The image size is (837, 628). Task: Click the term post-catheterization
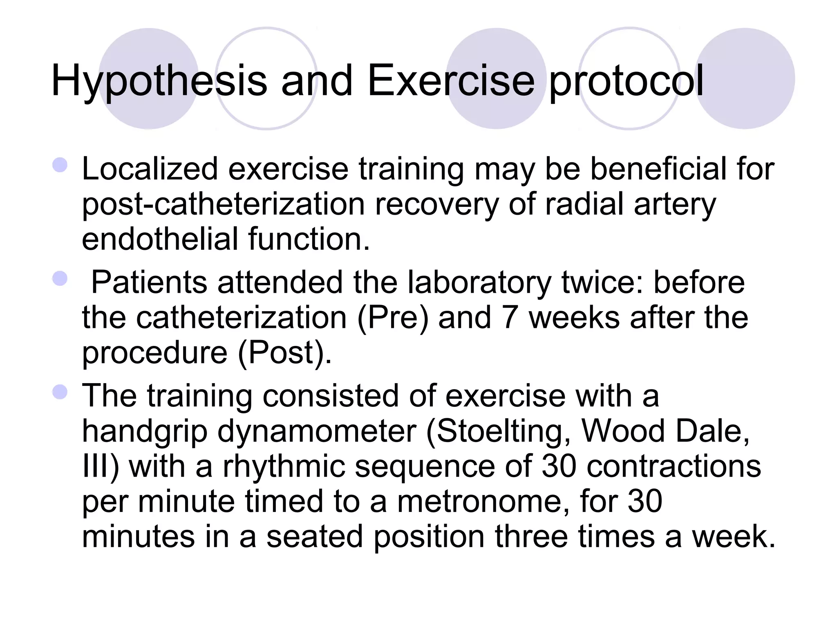click(x=223, y=204)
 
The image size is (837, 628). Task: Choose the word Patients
click(x=149, y=282)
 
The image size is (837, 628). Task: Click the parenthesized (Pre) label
click(x=393, y=318)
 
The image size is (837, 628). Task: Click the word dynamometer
click(x=317, y=431)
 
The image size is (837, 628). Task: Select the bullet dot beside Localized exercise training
click(x=60, y=165)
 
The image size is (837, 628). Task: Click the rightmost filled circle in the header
click(x=745, y=78)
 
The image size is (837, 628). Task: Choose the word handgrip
click(x=145, y=432)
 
